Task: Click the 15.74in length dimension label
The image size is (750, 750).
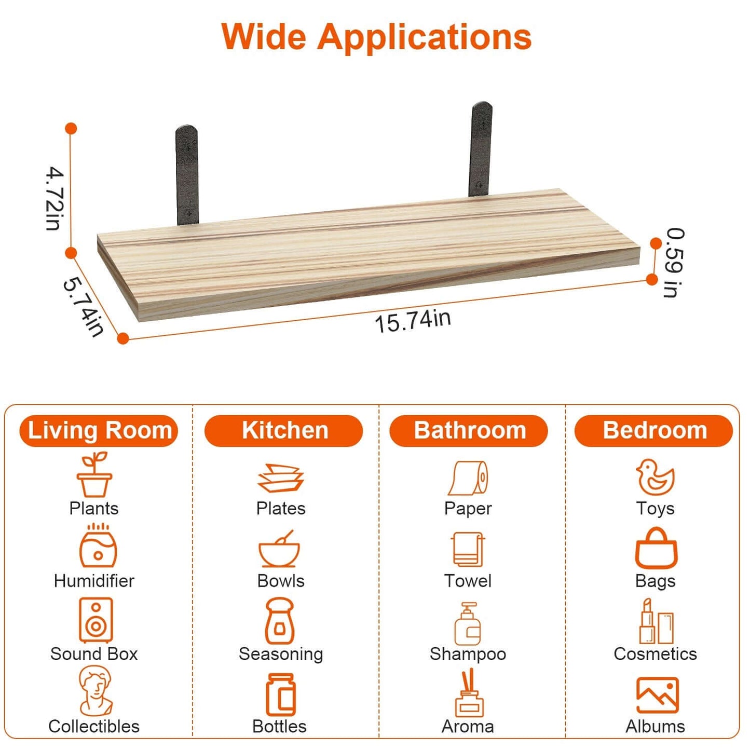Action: tap(413, 321)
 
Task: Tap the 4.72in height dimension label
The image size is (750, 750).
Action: tap(55, 198)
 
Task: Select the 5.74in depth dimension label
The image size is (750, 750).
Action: tap(84, 306)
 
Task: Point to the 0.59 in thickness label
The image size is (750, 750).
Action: tap(674, 263)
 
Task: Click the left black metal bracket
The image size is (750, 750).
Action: tap(187, 175)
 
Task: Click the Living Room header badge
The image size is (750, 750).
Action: tap(99, 431)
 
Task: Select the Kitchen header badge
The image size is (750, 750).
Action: tap(284, 431)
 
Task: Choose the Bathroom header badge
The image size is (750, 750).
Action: tap(469, 431)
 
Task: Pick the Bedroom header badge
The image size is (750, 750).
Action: tap(654, 431)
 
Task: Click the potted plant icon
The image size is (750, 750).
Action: tap(94, 474)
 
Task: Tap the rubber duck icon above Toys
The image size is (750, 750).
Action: tap(656, 477)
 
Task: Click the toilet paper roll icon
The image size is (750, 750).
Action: tap(469, 478)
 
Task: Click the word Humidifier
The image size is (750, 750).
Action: tap(94, 581)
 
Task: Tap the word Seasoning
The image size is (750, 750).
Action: tap(281, 654)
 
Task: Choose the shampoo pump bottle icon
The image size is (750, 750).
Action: tap(468, 623)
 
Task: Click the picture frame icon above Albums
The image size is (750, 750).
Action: tap(658, 695)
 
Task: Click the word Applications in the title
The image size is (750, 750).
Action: tap(425, 38)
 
